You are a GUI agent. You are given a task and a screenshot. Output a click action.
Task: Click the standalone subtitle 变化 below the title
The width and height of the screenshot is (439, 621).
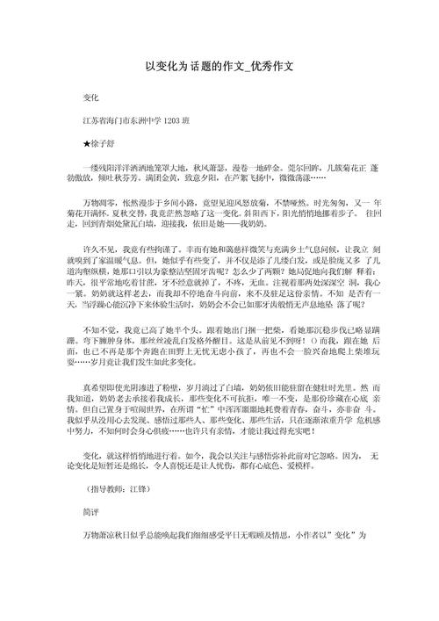coord(93,93)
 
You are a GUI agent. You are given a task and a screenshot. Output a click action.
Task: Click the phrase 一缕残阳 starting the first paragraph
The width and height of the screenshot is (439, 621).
coord(99,166)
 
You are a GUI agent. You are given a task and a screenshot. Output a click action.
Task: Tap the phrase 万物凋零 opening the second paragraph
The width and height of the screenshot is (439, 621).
coord(99,226)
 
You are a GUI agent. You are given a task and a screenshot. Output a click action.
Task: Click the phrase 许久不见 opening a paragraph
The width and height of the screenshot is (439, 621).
coord(99,286)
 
